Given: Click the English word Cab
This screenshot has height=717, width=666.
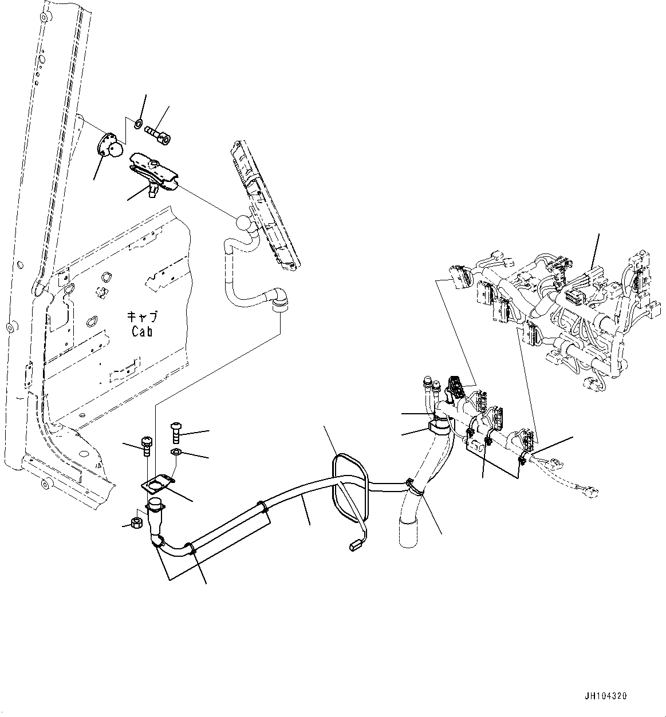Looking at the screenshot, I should [x=142, y=331].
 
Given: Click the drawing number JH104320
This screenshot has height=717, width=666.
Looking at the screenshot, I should [x=606, y=696].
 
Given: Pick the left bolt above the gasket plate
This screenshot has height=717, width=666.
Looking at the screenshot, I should [x=146, y=443].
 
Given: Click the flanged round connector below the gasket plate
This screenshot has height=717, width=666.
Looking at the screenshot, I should [x=155, y=506].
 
